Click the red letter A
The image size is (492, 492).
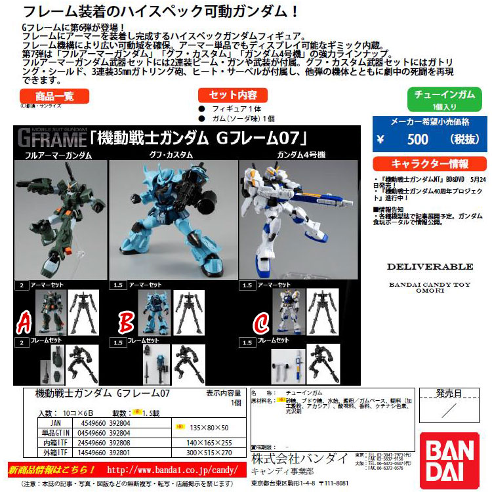pos(24,323)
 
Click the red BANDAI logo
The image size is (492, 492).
pos(455,453)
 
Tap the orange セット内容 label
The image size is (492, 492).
pos(230,95)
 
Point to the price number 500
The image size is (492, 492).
pos(417,139)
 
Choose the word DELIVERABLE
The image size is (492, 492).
pos(430,267)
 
